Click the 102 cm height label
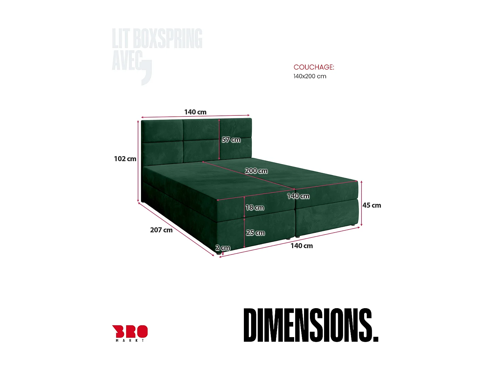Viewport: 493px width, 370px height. tap(125, 159)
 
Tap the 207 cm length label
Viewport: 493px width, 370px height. tap(161, 230)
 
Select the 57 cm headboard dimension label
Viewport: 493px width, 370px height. tap(231, 140)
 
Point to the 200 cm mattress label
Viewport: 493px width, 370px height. tap(256, 171)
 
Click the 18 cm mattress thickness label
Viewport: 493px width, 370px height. tap(255, 208)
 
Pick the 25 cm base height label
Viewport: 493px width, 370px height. tap(255, 233)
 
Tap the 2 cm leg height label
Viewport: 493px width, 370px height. tap(223, 248)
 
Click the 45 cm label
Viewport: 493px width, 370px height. tap(372, 205)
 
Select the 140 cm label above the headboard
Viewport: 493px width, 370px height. tap(195, 112)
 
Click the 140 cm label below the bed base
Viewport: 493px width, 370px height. tap(301, 246)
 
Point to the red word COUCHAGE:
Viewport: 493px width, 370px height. tap(314, 67)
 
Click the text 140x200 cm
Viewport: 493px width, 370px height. tap(310, 76)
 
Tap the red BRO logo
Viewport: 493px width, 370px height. tap(130, 332)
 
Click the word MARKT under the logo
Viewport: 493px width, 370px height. tap(130, 341)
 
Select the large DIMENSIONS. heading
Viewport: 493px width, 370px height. tap(311, 325)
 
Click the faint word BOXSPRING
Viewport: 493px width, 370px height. tap(167, 39)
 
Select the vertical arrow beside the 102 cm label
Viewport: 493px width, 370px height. tap(138, 161)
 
